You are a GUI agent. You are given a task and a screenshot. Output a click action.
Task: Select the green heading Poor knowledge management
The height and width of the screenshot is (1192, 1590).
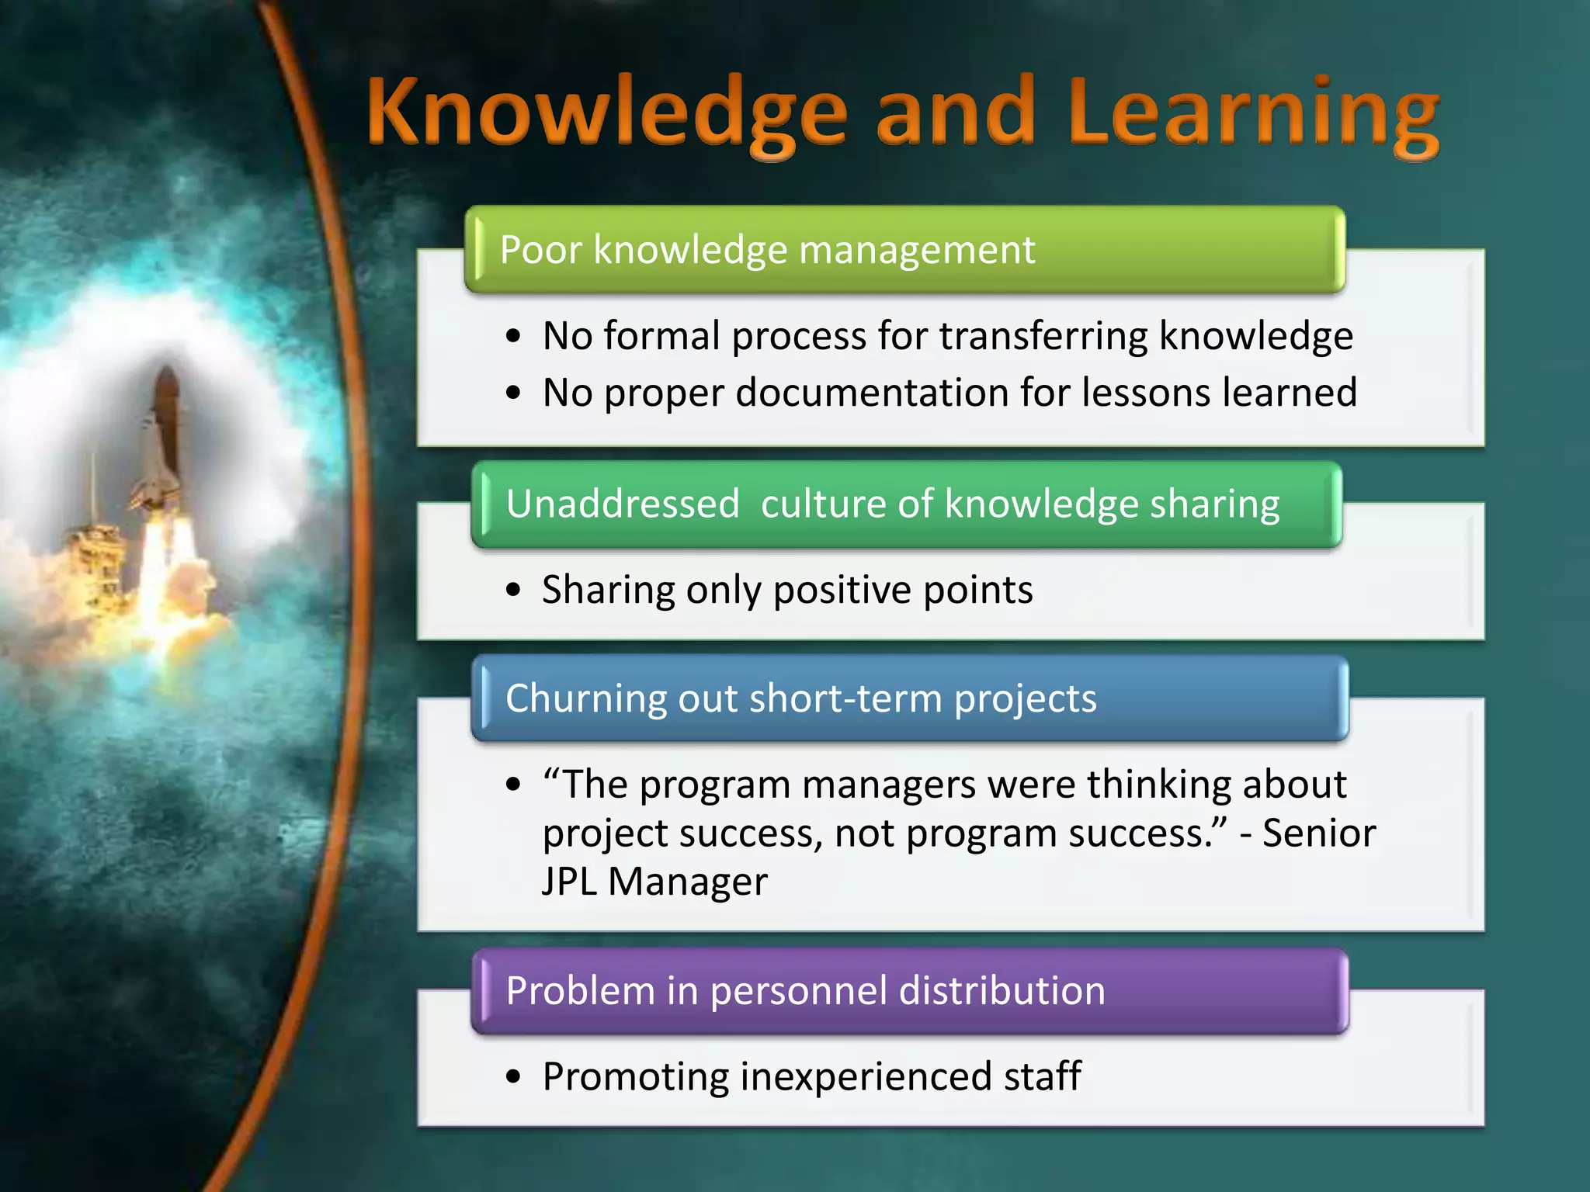click(x=767, y=250)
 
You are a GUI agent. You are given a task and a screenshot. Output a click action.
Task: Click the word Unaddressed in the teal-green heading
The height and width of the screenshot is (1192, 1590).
click(x=623, y=504)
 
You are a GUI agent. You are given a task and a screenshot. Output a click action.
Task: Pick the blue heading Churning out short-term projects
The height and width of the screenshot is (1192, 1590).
click(x=800, y=698)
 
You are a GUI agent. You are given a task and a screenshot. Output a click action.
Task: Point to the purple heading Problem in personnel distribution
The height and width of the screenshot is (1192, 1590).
click(x=805, y=991)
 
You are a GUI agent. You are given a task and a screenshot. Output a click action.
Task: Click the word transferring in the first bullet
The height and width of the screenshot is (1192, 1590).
click(x=1043, y=336)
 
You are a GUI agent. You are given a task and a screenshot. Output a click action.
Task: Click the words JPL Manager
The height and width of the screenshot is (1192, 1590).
click(x=654, y=882)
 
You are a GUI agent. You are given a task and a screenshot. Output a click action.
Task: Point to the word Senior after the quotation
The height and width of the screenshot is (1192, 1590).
click(x=1318, y=833)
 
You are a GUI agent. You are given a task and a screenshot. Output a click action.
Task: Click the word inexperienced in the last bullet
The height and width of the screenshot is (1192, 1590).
click(x=866, y=1076)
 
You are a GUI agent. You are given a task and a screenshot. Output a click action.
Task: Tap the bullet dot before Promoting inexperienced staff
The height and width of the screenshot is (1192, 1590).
click(x=513, y=1077)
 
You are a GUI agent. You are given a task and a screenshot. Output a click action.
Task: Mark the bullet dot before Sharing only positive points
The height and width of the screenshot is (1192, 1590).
click(x=513, y=591)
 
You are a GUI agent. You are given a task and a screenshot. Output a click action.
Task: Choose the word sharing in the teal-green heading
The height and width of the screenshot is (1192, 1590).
click(x=1214, y=504)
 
